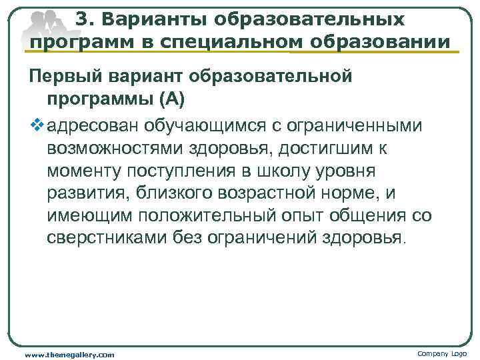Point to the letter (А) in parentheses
[172, 99]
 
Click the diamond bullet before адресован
[35, 124]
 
